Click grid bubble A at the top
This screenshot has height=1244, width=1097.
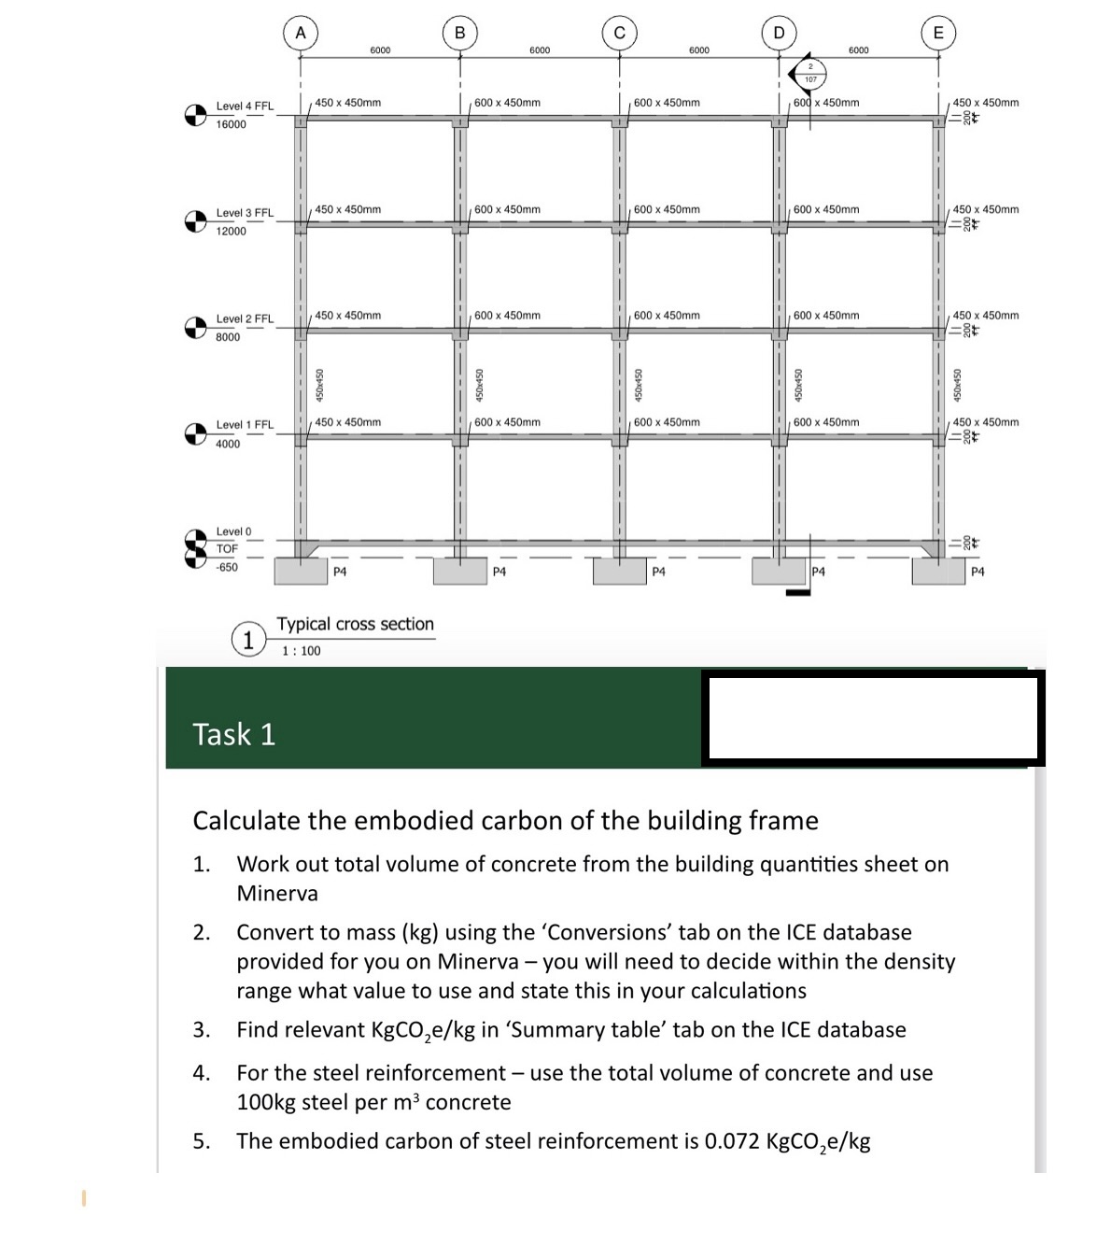pyautogui.click(x=299, y=33)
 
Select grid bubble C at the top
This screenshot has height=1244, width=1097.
pyautogui.click(x=618, y=33)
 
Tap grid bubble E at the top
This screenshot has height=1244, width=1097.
pyautogui.click(x=938, y=33)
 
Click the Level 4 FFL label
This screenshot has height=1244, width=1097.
pyautogui.click(x=245, y=106)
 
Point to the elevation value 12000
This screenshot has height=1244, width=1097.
pyautogui.click(x=231, y=232)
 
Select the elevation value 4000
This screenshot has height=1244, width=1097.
pyautogui.click(x=228, y=445)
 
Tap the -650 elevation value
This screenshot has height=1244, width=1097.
pyautogui.click(x=227, y=568)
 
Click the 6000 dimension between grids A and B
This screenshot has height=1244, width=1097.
pyautogui.click(x=380, y=50)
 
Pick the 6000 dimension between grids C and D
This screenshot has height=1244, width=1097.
pyautogui.click(x=698, y=50)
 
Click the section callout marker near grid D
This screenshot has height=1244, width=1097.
pyautogui.click(x=809, y=72)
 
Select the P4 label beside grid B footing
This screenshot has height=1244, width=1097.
pyautogui.click(x=499, y=572)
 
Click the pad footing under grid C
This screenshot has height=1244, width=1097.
pyautogui.click(x=620, y=571)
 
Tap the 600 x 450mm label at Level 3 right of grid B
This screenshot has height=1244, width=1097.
pyautogui.click(x=507, y=210)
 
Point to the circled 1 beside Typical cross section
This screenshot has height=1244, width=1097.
pyautogui.click(x=247, y=640)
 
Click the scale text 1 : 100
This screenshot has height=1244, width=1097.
pyautogui.click(x=301, y=651)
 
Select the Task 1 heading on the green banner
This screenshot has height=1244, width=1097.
pyautogui.click(x=234, y=735)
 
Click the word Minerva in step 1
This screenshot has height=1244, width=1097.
pyautogui.click(x=277, y=894)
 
